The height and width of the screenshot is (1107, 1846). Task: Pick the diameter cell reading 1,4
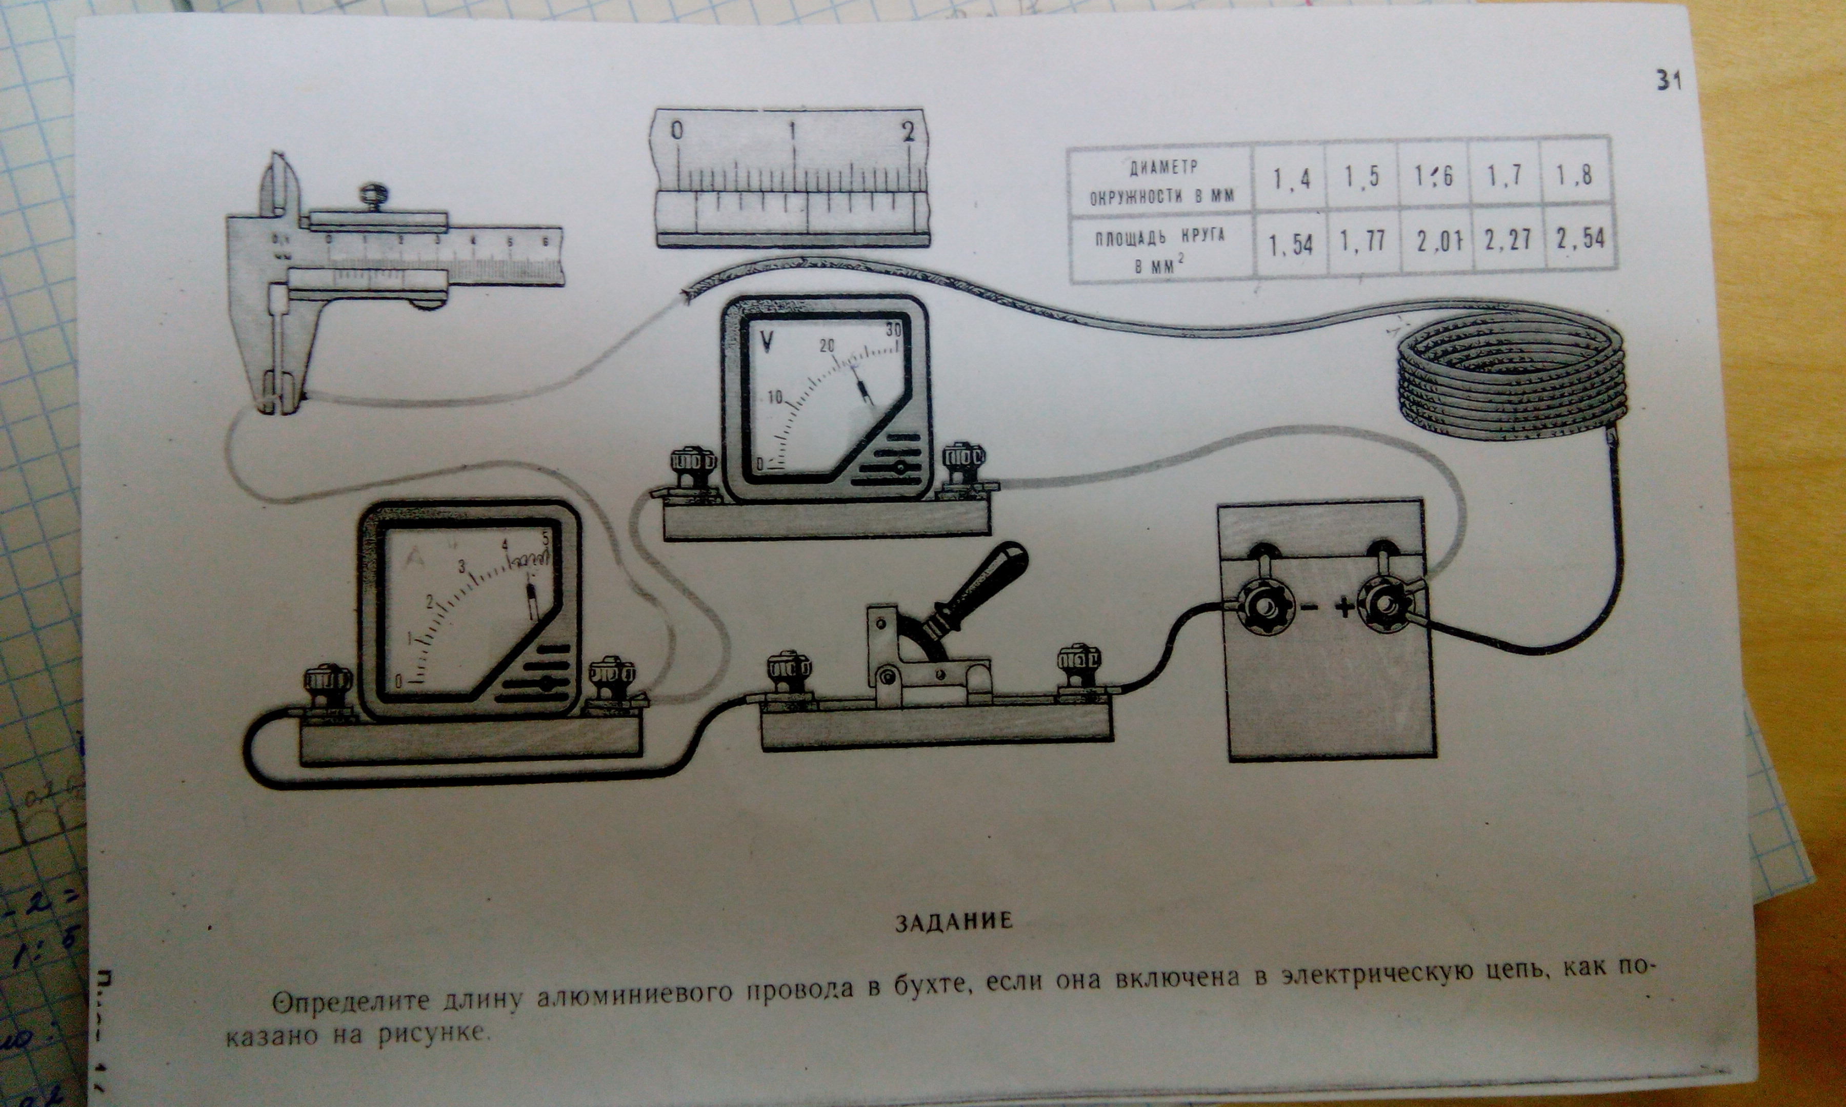(x=1292, y=179)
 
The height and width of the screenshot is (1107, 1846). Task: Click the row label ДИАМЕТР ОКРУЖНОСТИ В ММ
(x=1162, y=181)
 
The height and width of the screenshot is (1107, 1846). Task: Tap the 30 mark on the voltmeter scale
(x=893, y=329)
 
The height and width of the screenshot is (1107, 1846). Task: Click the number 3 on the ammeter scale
(x=462, y=566)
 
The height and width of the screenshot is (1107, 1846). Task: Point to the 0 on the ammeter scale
(x=398, y=681)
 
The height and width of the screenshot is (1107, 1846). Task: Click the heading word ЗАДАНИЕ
(x=954, y=921)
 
